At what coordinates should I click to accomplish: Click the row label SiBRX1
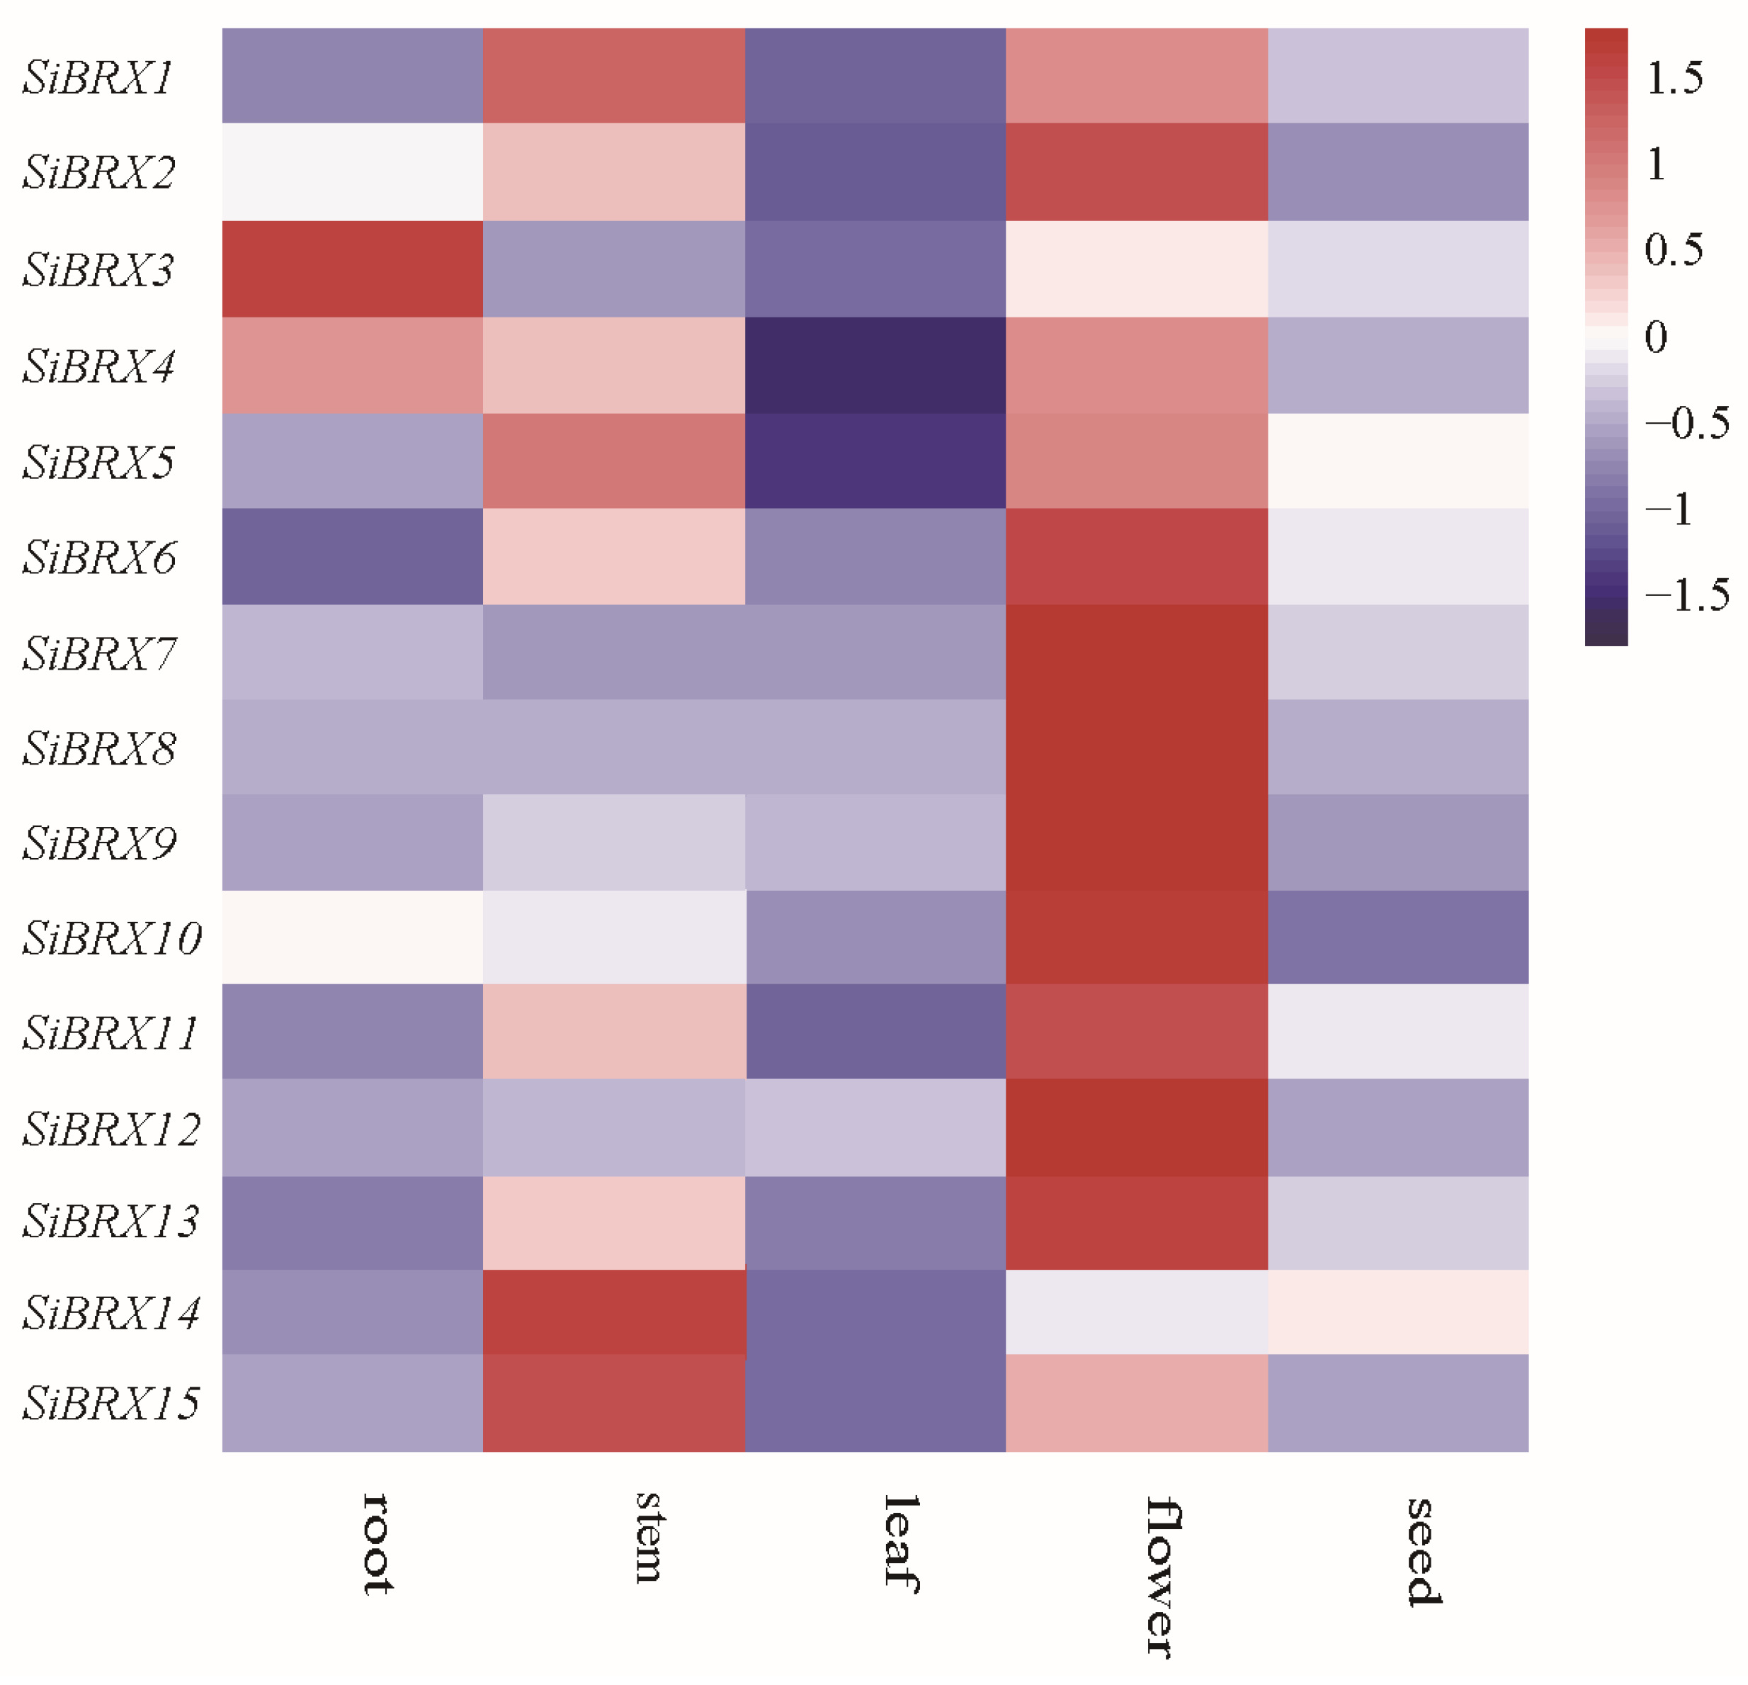tap(98, 78)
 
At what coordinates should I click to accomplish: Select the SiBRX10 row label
tap(113, 938)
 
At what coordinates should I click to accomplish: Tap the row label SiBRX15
tap(111, 1403)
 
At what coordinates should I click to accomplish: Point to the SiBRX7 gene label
tap(100, 654)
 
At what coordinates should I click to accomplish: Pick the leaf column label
tap(902, 1543)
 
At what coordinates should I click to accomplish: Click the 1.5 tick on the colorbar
tap(1674, 79)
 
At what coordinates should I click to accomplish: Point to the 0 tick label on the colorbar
tap(1655, 337)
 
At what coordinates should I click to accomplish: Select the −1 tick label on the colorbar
tap(1669, 510)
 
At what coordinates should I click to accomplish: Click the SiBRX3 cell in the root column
tap(352, 269)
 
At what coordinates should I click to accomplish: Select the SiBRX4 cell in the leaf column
tap(875, 366)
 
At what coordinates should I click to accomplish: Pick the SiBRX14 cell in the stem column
tap(613, 1312)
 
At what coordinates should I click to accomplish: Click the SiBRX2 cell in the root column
tap(352, 172)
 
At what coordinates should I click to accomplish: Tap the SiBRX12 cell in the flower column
tap(1136, 1128)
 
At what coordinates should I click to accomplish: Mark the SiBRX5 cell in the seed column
tap(1397, 461)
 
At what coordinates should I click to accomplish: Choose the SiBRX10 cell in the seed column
tap(1397, 937)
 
